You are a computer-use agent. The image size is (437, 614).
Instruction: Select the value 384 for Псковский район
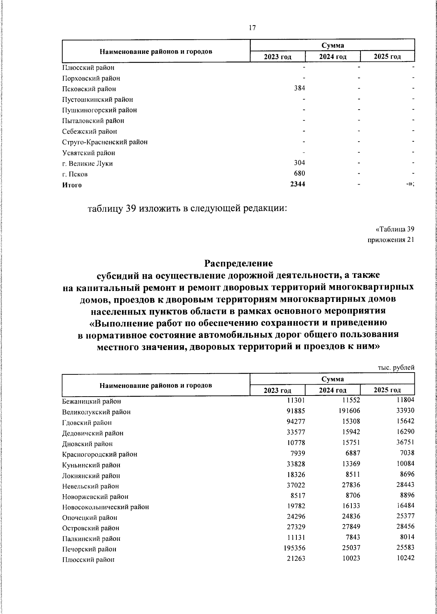pyautogui.click(x=299, y=88)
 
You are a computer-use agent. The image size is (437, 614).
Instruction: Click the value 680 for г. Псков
pyautogui.click(x=299, y=173)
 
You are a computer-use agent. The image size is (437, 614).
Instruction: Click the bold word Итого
pyautogui.click(x=72, y=185)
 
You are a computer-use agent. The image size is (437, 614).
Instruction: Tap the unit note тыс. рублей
pyautogui.click(x=396, y=368)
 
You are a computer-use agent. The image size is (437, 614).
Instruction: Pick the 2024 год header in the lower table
pyautogui.click(x=332, y=390)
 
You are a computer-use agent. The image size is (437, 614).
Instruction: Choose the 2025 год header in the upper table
pyautogui.click(x=387, y=57)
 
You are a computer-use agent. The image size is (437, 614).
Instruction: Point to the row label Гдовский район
pyautogui.click(x=87, y=423)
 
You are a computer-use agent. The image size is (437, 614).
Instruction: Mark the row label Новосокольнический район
pyautogui.click(x=105, y=507)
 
